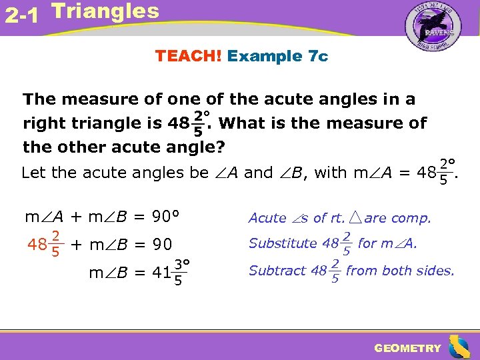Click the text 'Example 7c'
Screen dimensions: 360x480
277,56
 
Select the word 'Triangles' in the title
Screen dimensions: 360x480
105,11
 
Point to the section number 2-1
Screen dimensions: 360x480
21,15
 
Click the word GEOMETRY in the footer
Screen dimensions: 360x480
407,348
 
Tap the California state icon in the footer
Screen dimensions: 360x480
459,347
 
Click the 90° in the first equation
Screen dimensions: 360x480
167,217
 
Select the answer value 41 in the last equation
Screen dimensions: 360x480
161,272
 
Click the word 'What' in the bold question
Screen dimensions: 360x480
246,123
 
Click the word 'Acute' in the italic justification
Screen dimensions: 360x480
267,218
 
